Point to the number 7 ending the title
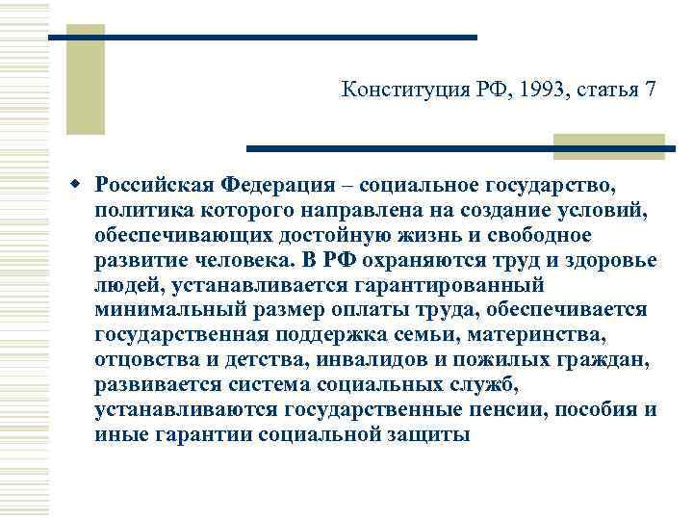[x=651, y=91]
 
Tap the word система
[x=287, y=385]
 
